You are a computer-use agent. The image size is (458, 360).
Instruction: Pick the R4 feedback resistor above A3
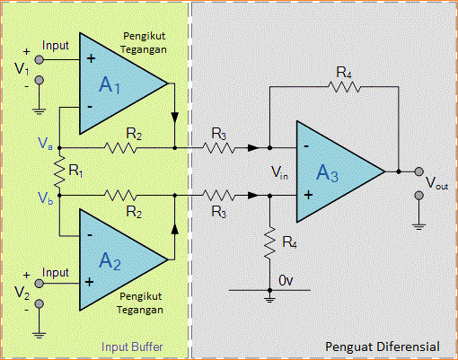coord(344,87)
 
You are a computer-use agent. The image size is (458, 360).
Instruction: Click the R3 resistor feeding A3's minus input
coord(219,146)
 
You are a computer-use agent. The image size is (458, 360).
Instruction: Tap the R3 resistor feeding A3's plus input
coord(219,194)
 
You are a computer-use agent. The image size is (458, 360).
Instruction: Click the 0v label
coord(285,281)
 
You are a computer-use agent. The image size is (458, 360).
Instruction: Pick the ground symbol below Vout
coord(418,220)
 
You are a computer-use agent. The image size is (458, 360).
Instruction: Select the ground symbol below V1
coord(40,110)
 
